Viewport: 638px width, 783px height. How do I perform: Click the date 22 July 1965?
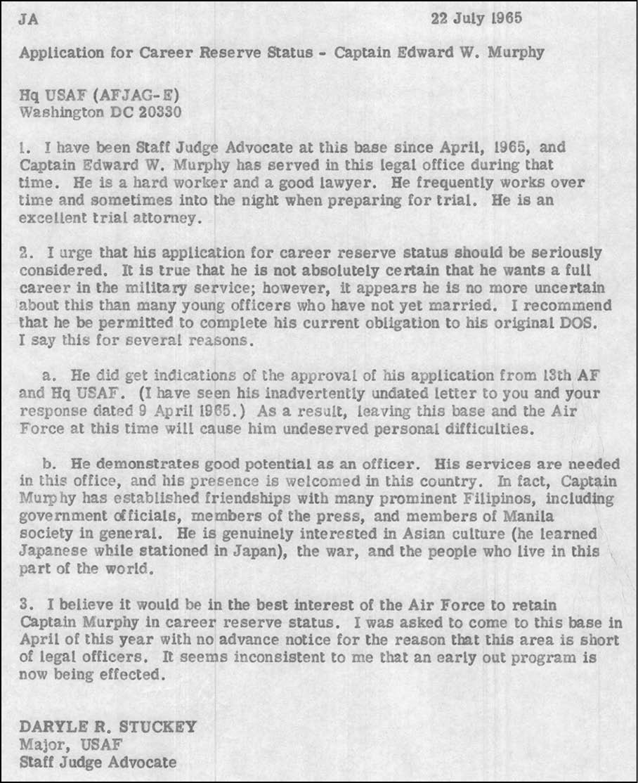click(x=476, y=18)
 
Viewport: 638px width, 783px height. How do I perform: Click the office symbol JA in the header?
click(x=29, y=19)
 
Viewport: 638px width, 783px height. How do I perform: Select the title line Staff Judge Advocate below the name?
click(x=98, y=761)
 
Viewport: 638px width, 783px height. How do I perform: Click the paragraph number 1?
click(x=25, y=148)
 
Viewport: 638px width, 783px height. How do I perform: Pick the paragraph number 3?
click(x=25, y=604)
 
